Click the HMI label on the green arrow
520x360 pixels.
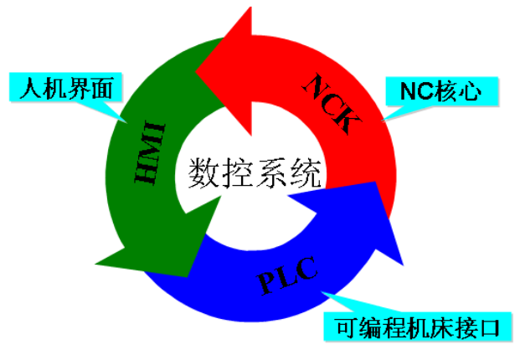point(150,153)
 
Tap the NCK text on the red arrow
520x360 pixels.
point(332,104)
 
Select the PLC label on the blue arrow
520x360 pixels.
point(287,275)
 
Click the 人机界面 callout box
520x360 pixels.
point(65,87)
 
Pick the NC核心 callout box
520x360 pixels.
point(442,91)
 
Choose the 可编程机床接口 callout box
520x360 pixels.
point(418,327)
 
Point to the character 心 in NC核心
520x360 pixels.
point(470,91)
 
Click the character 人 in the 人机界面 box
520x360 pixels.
point(31,88)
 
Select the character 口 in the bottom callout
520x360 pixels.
point(490,327)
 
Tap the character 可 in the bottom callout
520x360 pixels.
point(347,327)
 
